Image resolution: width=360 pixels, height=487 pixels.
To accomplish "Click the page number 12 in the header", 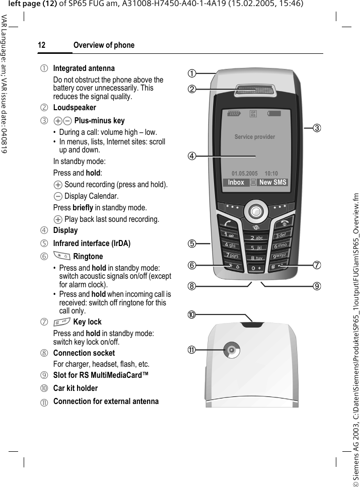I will coord(41,45).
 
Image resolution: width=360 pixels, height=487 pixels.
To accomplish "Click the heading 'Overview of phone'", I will coord(104,45).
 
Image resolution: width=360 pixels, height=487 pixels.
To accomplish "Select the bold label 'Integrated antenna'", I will coord(84,68).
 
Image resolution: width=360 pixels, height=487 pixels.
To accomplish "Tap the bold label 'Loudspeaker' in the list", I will coord(75,107).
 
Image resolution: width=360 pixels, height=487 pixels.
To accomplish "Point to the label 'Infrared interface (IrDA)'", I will coord(92,243).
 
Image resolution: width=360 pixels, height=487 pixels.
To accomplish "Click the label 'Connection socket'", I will coord(84,353).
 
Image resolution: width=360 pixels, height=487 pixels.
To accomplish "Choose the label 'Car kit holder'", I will coord(76,388).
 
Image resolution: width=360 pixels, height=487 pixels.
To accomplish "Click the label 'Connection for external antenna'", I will coord(106,401).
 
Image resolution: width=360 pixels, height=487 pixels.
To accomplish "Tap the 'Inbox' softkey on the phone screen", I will coord(236,183).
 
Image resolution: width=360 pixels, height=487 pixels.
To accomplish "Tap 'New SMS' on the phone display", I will coord(272,183).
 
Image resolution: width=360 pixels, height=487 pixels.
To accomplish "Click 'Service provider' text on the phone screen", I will coord(255,137).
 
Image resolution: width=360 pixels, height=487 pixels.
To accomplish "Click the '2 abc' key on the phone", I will coord(256,237).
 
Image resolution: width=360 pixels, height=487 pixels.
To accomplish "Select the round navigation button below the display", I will coord(256,210).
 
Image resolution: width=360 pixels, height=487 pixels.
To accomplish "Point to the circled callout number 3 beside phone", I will coord(317,128).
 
